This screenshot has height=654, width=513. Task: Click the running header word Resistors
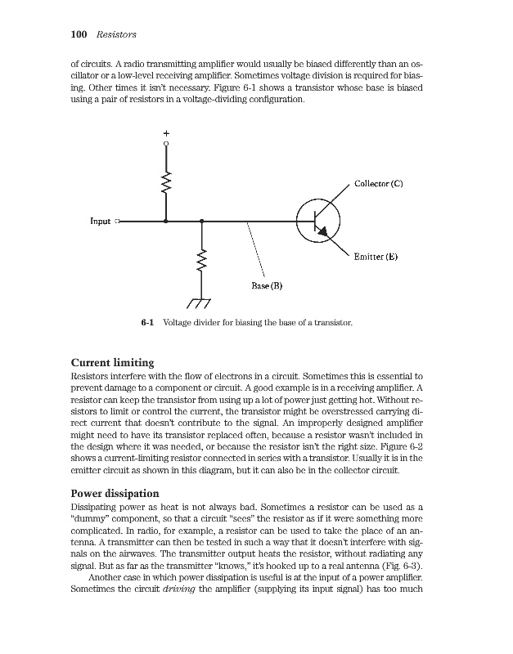115,34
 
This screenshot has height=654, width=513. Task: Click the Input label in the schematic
101,221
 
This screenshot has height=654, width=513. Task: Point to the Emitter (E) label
376,256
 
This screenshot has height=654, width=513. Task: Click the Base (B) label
267,286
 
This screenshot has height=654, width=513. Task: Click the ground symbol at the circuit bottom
200,302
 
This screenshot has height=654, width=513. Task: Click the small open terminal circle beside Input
118,221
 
